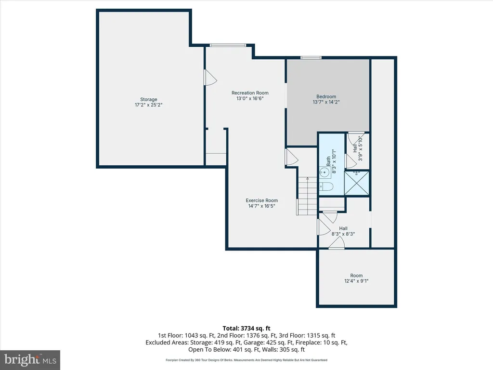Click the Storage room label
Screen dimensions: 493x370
148,99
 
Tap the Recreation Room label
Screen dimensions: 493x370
250,93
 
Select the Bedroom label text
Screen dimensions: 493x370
326,96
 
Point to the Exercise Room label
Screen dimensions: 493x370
261,200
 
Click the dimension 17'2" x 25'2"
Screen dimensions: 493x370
148,105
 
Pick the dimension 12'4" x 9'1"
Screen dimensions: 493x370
356,281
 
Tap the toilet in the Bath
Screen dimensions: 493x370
326,187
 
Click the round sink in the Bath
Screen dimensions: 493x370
324,172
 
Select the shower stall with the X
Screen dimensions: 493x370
357,183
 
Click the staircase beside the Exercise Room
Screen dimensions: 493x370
307,196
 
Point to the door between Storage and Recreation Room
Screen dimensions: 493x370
210,78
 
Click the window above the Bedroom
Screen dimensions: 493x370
311,58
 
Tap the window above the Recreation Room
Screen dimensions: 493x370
228,45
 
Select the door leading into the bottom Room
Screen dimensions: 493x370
337,243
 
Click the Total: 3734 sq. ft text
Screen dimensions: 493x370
246,329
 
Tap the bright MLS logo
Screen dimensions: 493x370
30,359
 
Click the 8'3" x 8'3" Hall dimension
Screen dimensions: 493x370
343,234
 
